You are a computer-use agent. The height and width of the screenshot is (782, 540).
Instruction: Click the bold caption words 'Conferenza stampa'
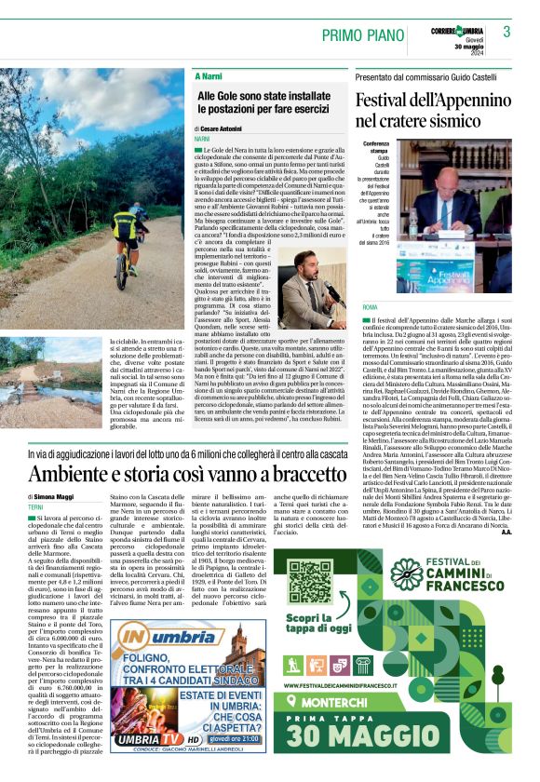[377, 149]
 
